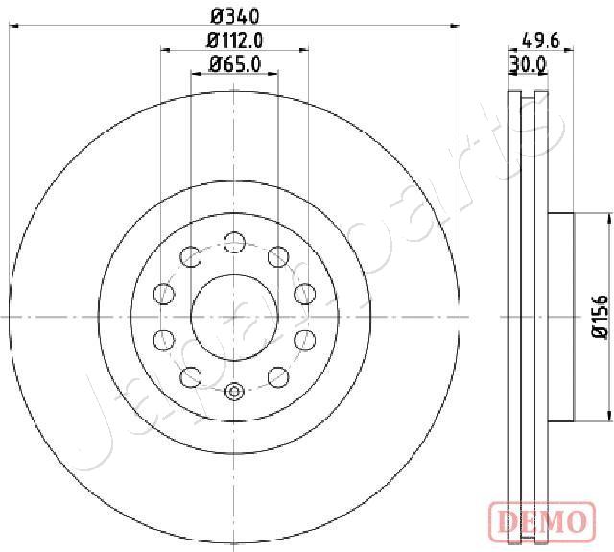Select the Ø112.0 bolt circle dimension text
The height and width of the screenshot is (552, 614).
[235, 39]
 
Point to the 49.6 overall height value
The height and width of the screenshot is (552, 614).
[541, 39]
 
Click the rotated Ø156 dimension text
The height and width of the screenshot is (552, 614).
[600, 317]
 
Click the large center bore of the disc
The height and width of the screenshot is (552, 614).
[234, 316]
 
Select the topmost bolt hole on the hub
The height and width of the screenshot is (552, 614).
[234, 241]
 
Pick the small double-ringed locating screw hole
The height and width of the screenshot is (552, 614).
[234, 391]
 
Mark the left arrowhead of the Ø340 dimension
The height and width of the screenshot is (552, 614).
[12, 28]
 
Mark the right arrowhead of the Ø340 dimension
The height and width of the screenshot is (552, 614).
[456, 28]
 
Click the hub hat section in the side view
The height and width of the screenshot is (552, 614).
[560, 316]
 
